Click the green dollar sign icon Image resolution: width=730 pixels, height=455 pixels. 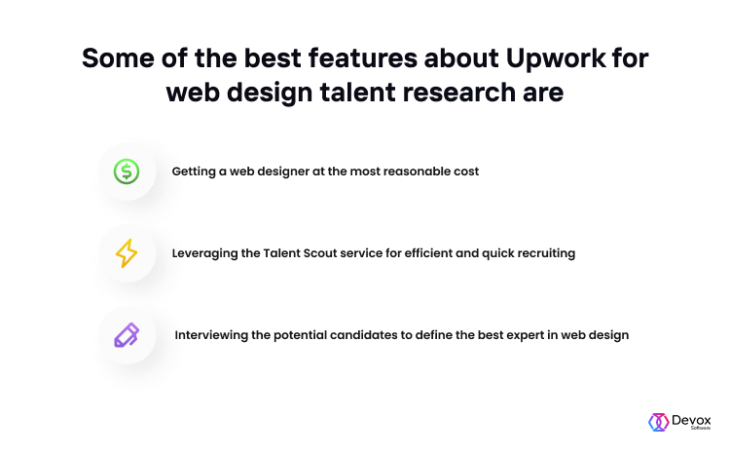(127, 171)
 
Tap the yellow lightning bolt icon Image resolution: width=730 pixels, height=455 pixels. (127, 253)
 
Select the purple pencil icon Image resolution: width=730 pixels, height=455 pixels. (127, 335)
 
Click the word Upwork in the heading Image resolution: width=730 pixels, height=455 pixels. (556, 59)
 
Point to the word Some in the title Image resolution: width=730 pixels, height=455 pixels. (118, 58)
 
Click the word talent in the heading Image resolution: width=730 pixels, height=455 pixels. (357, 92)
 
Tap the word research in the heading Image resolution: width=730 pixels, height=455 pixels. (459, 92)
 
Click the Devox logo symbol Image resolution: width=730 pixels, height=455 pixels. (659, 422)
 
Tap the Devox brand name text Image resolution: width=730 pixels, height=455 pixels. (691, 421)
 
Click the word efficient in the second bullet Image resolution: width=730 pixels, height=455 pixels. (428, 253)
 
